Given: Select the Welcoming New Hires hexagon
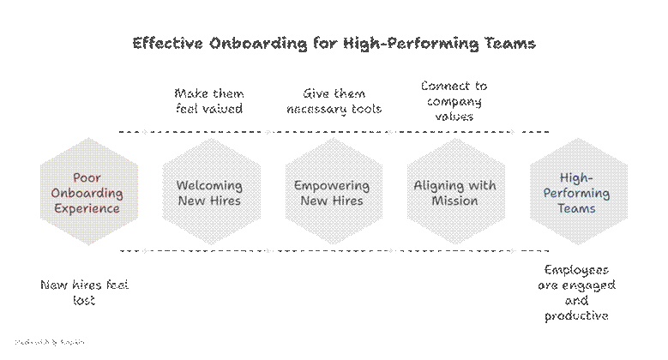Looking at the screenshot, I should [208, 193].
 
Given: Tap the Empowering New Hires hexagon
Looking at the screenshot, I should [332, 193].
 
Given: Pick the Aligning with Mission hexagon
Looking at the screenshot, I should [455, 193].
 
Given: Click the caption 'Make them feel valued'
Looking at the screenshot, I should [208, 100].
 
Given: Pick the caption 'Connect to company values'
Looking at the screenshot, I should [454, 100].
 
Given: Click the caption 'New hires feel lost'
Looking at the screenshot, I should [84, 292].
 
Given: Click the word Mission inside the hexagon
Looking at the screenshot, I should [455, 201].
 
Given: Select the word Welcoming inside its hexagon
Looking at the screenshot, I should [208, 185].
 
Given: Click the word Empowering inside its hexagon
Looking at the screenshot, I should [332, 185].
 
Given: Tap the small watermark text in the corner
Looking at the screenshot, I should [49, 342].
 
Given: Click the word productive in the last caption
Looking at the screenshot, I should [576, 316].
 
